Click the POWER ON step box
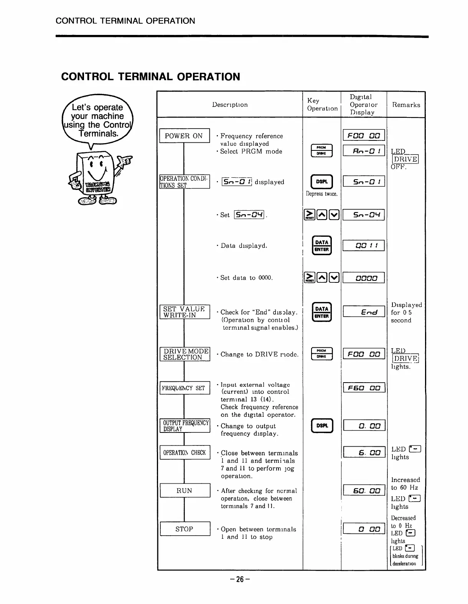[x=184, y=136]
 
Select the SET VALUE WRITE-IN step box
[x=185, y=312]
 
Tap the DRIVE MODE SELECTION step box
[x=185, y=354]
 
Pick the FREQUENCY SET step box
[x=185, y=388]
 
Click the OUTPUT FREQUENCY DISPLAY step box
[x=185, y=426]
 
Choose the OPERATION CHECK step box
[x=185, y=452]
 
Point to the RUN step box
[x=185, y=490]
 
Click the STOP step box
[x=185, y=529]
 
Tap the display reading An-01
[x=364, y=151]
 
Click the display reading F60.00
[x=364, y=388]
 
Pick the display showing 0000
[x=364, y=278]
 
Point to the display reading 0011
[x=364, y=246]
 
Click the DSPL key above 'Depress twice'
[x=322, y=182]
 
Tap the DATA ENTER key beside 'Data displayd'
[x=322, y=246]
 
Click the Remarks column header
[x=406, y=105]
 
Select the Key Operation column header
[x=322, y=104]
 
